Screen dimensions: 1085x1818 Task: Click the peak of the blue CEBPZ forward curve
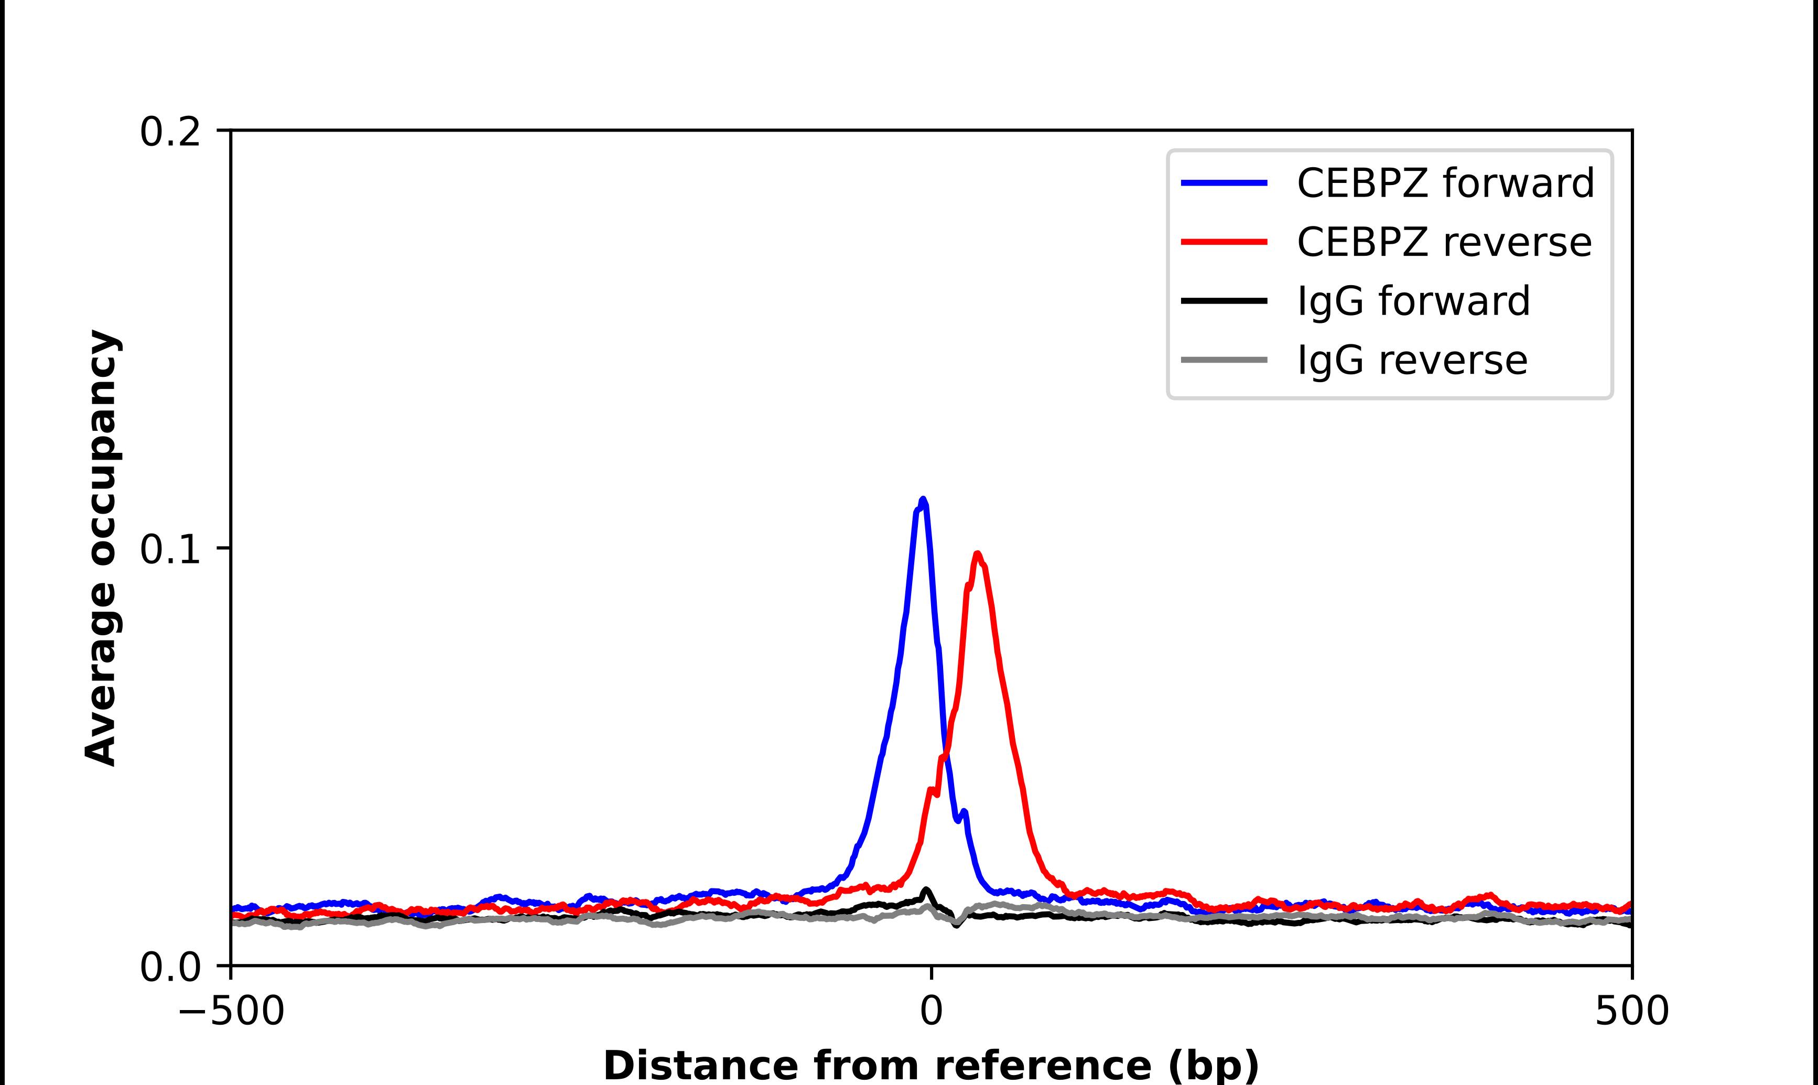(923, 500)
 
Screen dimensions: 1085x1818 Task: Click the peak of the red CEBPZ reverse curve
(977, 554)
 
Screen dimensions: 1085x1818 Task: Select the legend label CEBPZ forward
(1445, 183)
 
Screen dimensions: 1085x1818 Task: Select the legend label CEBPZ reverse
(1444, 242)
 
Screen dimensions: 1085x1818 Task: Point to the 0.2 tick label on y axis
(170, 132)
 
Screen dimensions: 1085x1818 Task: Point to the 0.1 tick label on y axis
(170, 550)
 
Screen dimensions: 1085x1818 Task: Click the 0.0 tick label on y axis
(170, 967)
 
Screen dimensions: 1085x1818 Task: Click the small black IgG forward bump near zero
(927, 891)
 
